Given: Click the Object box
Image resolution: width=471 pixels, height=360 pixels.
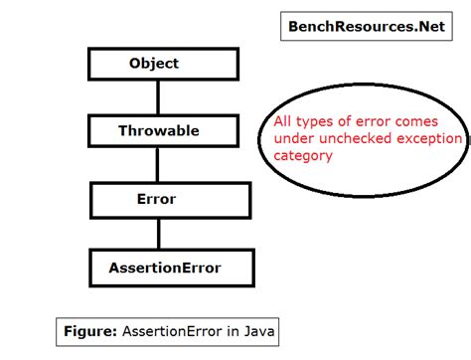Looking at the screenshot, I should click(154, 64).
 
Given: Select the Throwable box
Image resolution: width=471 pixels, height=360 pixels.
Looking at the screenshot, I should click(158, 130).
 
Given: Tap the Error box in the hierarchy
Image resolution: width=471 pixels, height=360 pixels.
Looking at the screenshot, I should click(155, 199).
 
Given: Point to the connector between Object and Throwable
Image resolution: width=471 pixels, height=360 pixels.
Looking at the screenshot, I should click(156, 96).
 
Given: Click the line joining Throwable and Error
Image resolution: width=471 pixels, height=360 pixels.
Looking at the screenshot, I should click(156, 164).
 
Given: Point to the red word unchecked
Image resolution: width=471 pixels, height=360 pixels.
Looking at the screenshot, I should click(353, 139).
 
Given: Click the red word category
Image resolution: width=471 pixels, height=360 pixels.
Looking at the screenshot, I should click(304, 155).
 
